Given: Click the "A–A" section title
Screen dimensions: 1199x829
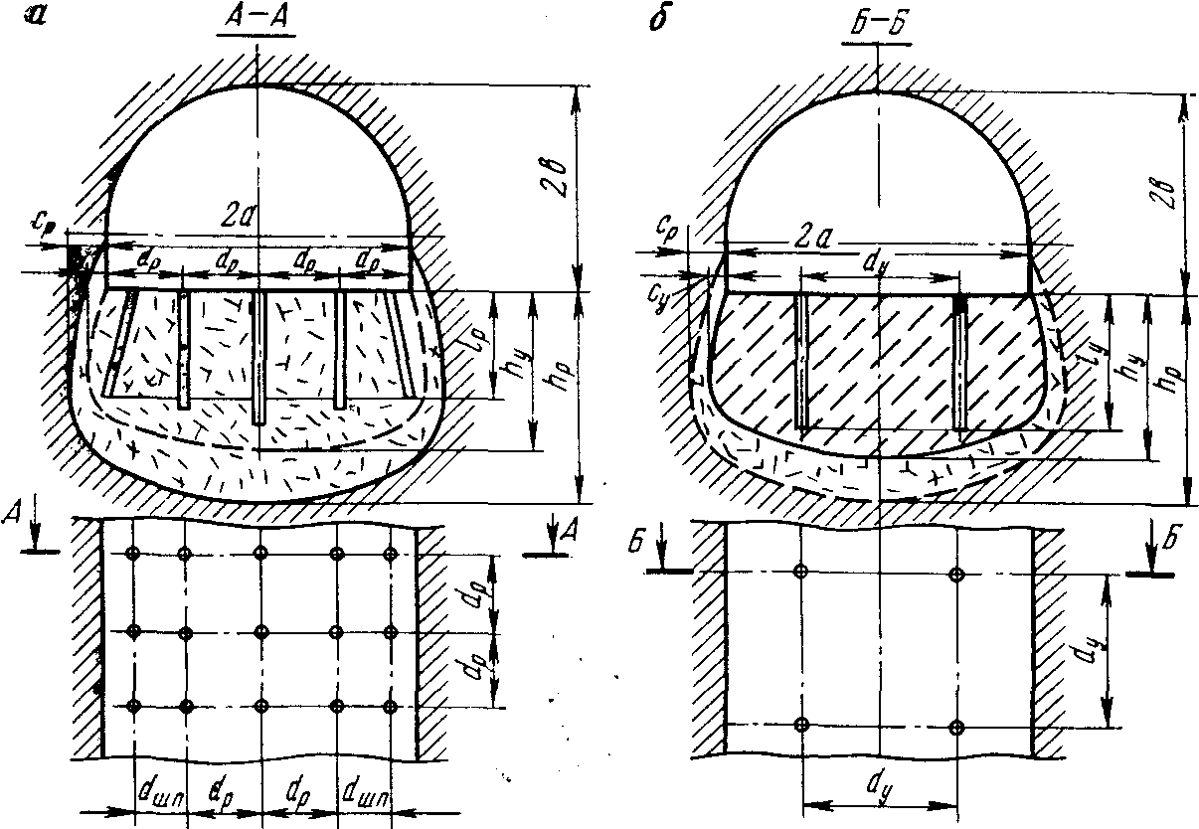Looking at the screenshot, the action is [256, 22].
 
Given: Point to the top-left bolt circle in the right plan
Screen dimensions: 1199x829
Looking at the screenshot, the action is [801, 572].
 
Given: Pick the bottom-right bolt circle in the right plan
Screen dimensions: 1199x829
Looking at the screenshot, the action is [956, 728].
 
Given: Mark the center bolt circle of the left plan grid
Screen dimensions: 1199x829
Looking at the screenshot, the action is [260, 630].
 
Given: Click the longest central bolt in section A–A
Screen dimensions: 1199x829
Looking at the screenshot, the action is [258, 358].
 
